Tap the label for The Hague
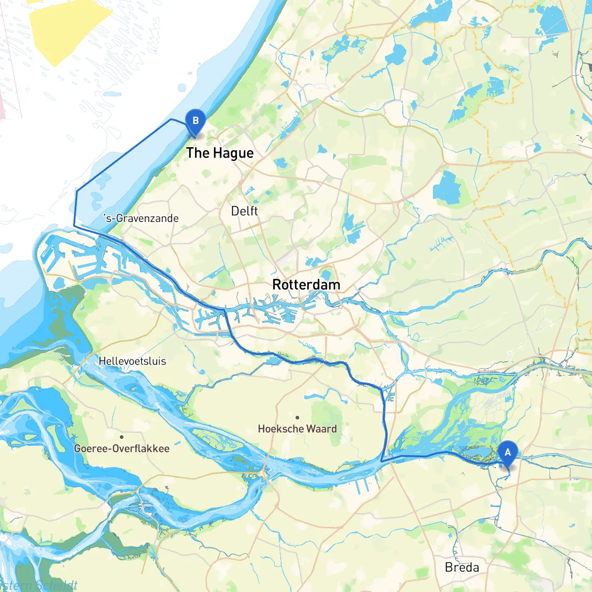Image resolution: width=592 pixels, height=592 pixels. point(220,153)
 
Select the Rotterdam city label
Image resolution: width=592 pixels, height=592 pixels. point(306,284)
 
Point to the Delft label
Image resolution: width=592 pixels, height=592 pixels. point(244,211)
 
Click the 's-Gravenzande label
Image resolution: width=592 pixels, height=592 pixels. point(141,218)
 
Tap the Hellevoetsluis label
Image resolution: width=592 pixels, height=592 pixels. point(132,361)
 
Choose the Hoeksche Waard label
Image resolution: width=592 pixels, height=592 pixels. point(297,429)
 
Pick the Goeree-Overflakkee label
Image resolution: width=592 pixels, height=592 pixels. point(122,449)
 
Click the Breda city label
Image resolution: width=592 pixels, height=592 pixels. point(462,567)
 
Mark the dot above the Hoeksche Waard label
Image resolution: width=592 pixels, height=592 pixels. point(297,418)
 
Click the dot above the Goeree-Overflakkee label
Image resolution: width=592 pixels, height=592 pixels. point(122,437)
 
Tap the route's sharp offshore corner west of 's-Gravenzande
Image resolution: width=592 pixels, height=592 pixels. point(74,225)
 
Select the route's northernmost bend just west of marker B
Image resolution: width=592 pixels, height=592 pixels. point(172,119)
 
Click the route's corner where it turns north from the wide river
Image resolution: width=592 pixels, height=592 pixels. point(381,461)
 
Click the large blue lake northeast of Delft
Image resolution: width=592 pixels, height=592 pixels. point(446,187)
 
